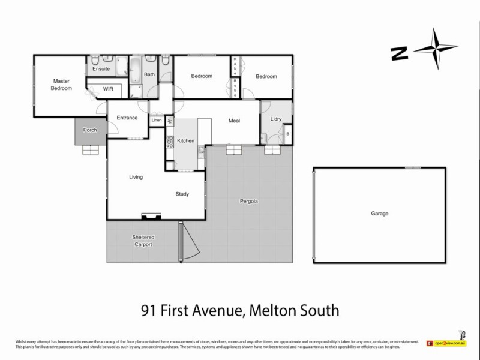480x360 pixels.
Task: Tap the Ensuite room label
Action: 101,69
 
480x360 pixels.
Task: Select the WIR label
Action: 108,88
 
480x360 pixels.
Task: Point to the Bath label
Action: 149,75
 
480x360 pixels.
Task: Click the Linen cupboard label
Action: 157,120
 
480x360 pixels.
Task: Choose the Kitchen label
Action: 186,140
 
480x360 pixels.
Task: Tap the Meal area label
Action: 234,121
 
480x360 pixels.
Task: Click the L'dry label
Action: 276,119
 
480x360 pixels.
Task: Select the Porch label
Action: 90,130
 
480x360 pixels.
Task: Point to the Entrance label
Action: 127,118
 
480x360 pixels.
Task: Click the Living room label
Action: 136,177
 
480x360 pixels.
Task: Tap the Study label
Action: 182,194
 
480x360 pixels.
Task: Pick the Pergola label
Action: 248,201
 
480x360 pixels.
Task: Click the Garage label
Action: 379,213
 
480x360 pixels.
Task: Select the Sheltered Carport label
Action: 143,241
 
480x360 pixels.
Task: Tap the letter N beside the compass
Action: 397,53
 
